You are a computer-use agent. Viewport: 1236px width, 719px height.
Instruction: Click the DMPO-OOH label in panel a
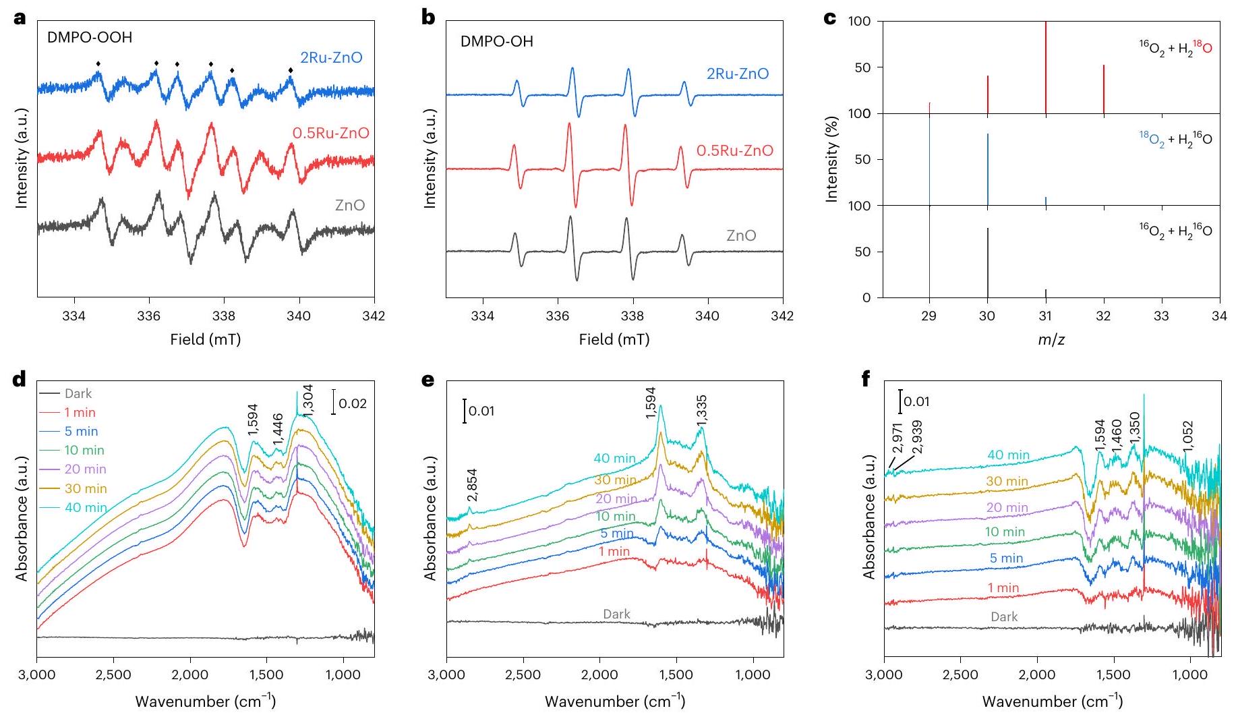click(x=89, y=38)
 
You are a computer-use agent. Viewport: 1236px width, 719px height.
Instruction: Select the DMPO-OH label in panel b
click(x=496, y=42)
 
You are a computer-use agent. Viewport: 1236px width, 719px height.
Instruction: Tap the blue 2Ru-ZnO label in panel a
click(x=330, y=58)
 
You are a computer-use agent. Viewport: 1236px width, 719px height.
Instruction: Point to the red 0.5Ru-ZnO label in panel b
click(x=734, y=150)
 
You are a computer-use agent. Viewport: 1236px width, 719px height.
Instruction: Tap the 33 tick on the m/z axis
click(x=1161, y=316)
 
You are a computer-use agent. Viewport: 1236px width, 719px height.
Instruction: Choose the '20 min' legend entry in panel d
click(x=85, y=469)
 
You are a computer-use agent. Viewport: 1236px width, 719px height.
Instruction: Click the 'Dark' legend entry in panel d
click(x=78, y=394)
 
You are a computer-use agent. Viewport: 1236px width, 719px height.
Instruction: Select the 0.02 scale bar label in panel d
click(x=352, y=404)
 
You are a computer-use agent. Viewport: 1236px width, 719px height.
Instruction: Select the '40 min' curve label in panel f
click(x=1008, y=455)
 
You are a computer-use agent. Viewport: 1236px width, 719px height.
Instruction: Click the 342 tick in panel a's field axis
click(x=374, y=316)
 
